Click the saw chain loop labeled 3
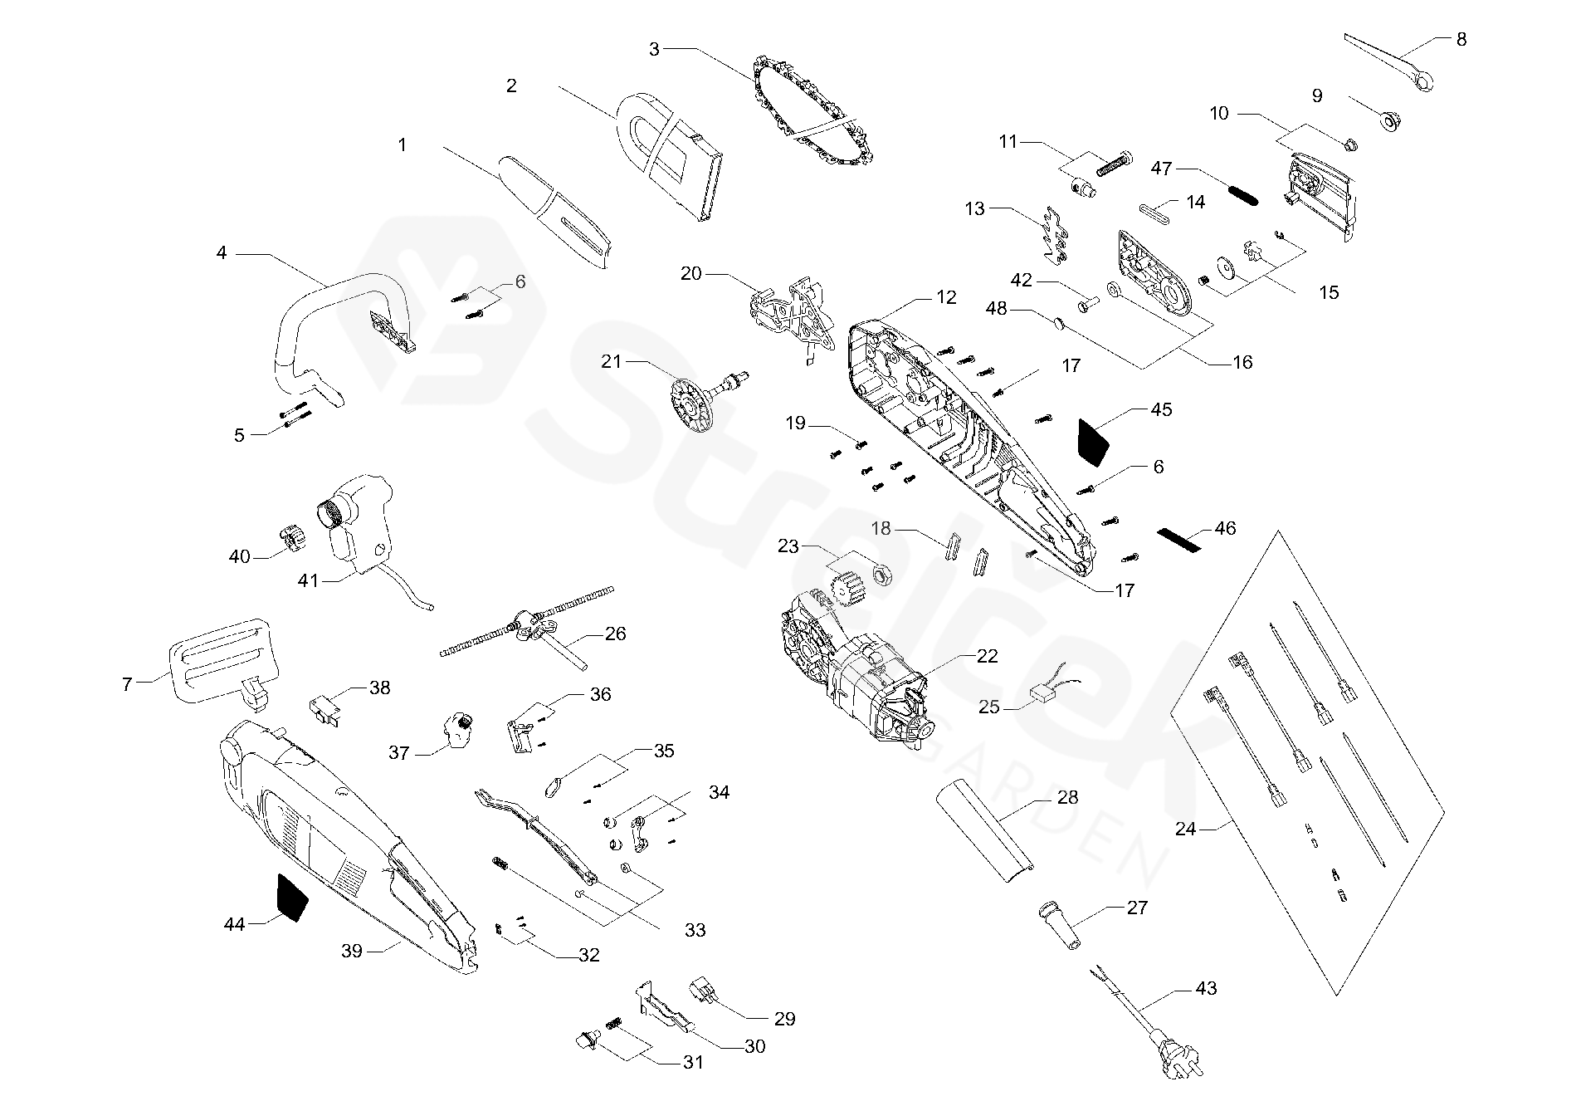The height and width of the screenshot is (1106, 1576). [x=817, y=112]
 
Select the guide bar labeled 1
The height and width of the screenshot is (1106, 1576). [x=556, y=212]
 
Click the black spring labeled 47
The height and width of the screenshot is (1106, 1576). [x=1242, y=196]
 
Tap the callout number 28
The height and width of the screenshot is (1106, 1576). [x=1067, y=798]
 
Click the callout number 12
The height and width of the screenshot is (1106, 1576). [x=946, y=297]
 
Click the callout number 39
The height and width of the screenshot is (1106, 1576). [x=352, y=951]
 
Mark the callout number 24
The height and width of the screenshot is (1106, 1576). [x=1185, y=829]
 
